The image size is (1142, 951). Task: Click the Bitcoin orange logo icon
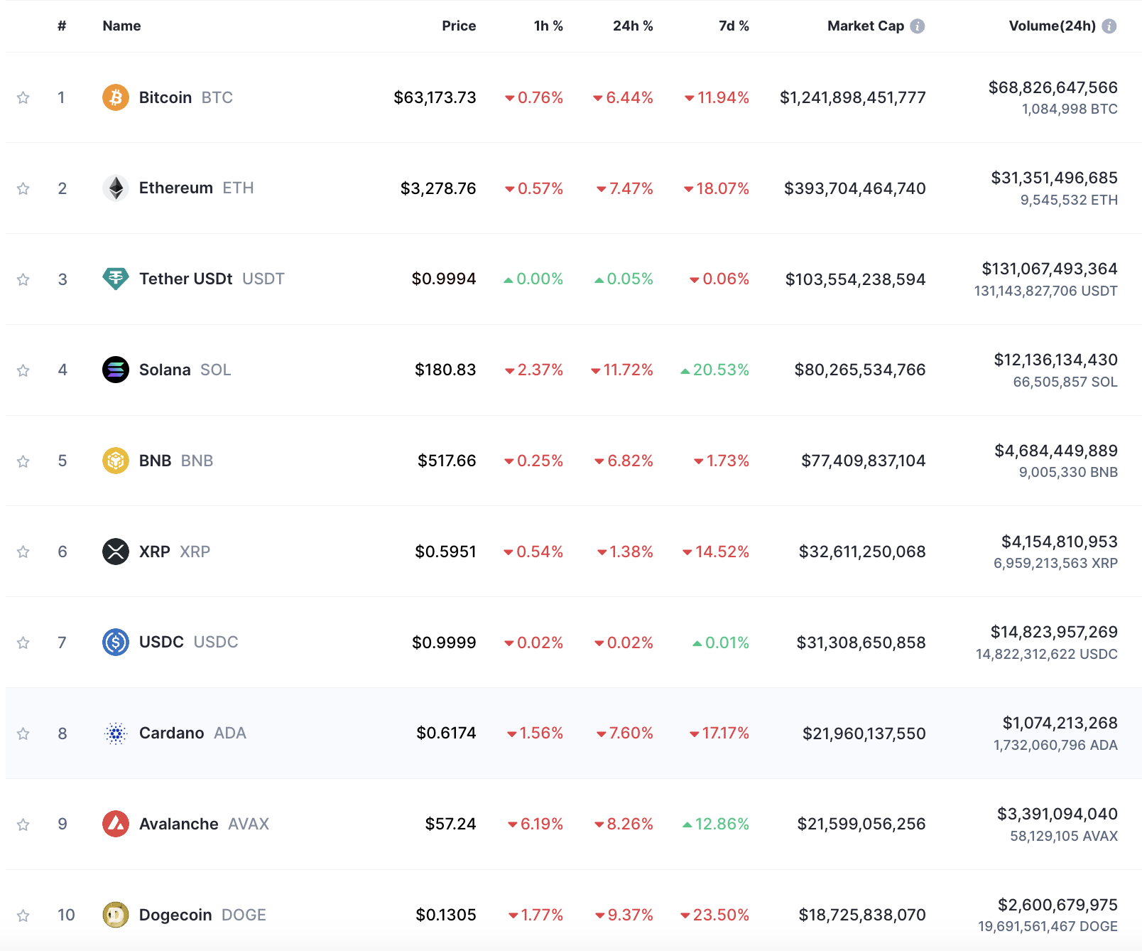(x=116, y=97)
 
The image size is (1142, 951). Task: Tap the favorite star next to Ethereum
(x=23, y=188)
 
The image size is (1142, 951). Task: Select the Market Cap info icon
(x=918, y=26)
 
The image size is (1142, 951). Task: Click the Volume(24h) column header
(x=1053, y=26)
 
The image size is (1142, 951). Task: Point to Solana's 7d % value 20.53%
(x=721, y=370)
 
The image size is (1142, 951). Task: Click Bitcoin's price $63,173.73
(x=435, y=97)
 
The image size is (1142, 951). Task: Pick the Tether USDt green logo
(x=116, y=279)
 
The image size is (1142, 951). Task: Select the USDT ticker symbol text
(x=263, y=279)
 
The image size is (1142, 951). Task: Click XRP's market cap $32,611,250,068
(x=862, y=552)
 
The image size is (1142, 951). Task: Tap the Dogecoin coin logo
(x=116, y=915)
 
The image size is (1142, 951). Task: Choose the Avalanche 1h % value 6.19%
(x=542, y=824)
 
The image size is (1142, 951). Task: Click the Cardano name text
(x=172, y=733)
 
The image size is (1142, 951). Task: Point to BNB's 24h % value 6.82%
(x=630, y=461)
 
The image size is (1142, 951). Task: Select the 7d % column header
(x=734, y=26)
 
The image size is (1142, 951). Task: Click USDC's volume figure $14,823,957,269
(x=1054, y=632)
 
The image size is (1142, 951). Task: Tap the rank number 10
(x=66, y=915)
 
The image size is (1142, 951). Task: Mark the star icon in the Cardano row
(x=23, y=734)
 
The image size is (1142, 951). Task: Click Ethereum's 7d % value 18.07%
(x=722, y=188)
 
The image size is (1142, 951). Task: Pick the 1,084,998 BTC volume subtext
(x=1070, y=109)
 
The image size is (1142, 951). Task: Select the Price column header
(x=459, y=26)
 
